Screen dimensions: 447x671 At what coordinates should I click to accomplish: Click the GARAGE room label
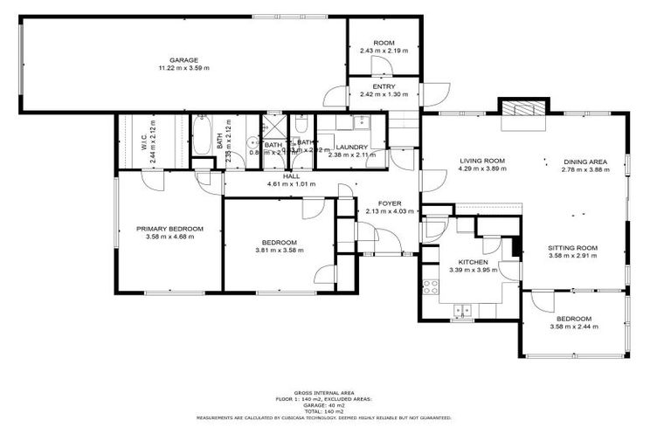[x=183, y=59]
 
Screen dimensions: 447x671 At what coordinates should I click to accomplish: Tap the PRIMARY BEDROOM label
[x=169, y=229]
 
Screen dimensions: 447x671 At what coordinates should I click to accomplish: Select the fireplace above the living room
[x=522, y=107]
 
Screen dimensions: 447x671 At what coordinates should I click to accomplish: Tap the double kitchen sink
[x=461, y=308]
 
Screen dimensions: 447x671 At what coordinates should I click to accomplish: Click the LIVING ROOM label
[x=482, y=161]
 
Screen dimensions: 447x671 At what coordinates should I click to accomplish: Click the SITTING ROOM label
[x=572, y=248]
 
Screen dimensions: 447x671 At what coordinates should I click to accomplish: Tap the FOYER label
[x=390, y=203]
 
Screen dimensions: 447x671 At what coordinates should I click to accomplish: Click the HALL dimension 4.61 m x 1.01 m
[x=291, y=184]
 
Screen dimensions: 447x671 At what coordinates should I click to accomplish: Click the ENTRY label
[x=384, y=86]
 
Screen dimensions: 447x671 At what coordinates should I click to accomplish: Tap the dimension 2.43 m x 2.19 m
[x=384, y=51]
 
